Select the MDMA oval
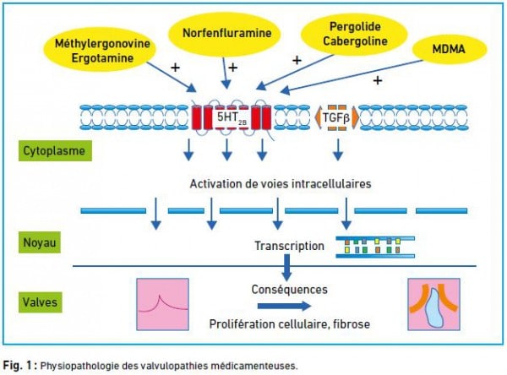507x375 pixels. tap(450, 49)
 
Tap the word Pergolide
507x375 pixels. tap(355, 27)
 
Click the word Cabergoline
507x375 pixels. tap(355, 41)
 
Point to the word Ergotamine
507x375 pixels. tap(102, 58)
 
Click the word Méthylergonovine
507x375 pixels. tap(102, 43)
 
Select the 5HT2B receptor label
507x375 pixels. tap(232, 117)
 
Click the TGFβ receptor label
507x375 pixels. tap(336, 118)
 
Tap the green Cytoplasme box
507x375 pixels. tap(55, 150)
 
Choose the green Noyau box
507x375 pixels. tap(40, 242)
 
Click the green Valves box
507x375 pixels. tap(40, 302)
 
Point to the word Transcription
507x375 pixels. tap(289, 246)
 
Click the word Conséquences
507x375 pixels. tap(289, 290)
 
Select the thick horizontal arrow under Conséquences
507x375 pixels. tap(284, 306)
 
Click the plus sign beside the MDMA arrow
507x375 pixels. tap(378, 80)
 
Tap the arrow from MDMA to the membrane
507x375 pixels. tap(352, 77)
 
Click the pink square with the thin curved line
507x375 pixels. tap(162, 304)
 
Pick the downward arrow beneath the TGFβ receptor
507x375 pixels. tap(338, 149)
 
